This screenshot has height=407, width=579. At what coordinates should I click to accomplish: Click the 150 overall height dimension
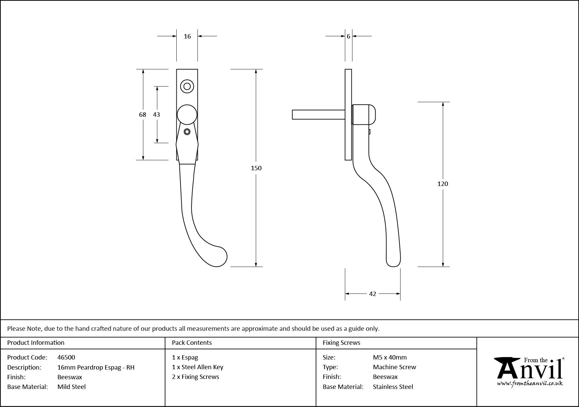click(256, 168)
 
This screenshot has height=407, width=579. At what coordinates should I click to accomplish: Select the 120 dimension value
click(442, 184)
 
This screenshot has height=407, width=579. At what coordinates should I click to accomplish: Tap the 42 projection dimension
click(373, 294)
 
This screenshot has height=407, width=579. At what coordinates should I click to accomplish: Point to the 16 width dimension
click(187, 36)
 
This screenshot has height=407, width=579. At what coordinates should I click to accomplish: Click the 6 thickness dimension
click(348, 36)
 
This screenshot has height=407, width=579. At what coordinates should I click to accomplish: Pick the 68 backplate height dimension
click(143, 114)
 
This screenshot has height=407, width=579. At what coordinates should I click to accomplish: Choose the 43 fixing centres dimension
click(156, 114)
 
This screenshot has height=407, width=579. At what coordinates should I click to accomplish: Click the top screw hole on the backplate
click(187, 86)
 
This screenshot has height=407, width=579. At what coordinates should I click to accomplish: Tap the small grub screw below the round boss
click(187, 131)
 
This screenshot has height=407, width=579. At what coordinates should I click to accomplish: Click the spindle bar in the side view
click(318, 114)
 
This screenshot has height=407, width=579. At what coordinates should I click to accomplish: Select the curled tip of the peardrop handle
click(219, 257)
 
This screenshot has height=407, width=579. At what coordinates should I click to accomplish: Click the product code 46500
click(66, 357)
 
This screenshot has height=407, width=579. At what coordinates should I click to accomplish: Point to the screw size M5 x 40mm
click(390, 357)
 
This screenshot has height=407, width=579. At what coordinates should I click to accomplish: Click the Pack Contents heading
click(192, 342)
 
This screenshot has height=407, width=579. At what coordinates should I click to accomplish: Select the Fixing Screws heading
click(341, 342)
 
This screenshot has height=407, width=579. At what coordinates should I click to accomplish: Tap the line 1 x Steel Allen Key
click(197, 367)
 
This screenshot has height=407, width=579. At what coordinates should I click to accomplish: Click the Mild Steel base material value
click(72, 387)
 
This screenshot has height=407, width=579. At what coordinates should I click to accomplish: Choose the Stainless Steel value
click(393, 387)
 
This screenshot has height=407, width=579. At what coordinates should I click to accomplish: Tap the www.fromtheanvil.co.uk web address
click(530, 384)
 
